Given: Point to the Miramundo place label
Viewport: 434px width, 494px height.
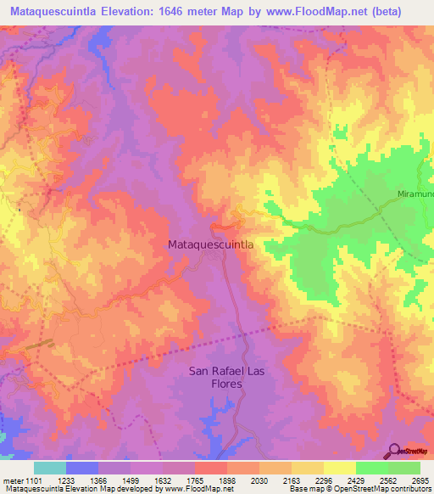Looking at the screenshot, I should point(416,195).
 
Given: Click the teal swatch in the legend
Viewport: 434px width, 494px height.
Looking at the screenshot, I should point(50,468).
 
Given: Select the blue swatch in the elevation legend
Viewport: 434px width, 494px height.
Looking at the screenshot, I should point(82,468).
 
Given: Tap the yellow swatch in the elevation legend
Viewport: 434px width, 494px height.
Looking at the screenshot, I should point(307,468).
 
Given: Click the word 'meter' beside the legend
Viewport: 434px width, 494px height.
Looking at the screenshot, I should point(15,480).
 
